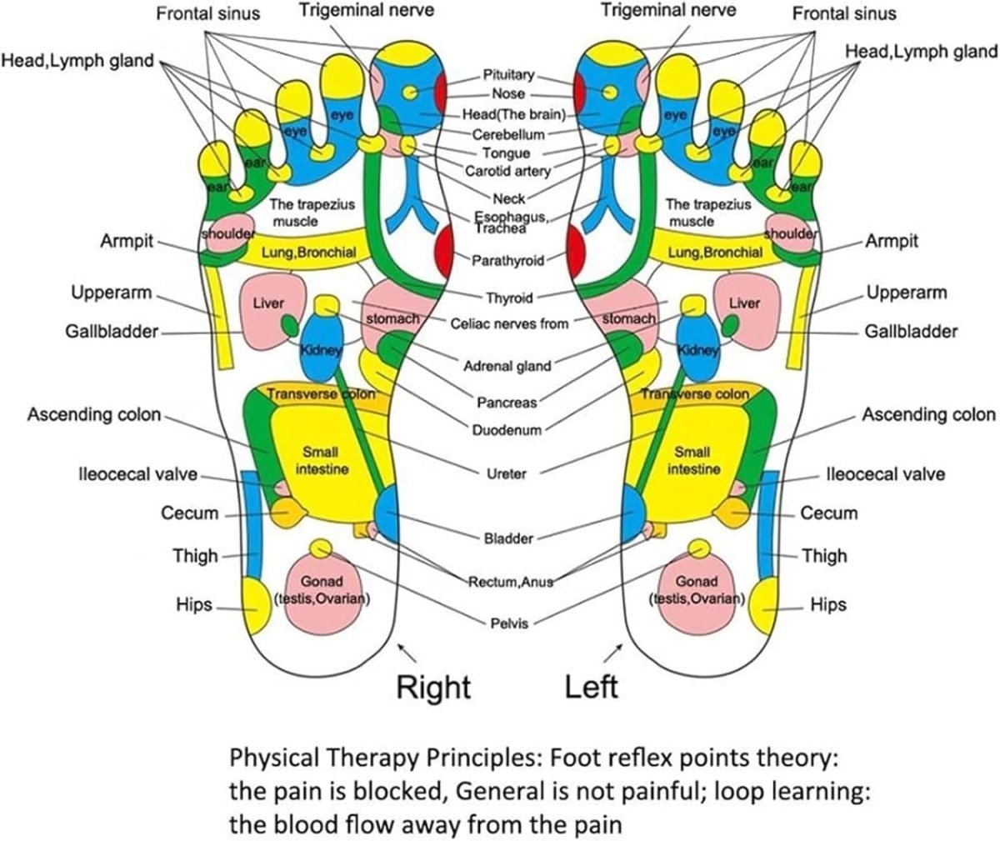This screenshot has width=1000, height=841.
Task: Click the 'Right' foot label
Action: (432, 687)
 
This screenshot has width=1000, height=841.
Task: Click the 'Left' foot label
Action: (591, 687)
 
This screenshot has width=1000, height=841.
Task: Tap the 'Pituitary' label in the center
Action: (508, 75)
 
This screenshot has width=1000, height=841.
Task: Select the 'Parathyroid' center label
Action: (507, 261)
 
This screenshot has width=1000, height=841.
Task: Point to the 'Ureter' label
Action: (507, 473)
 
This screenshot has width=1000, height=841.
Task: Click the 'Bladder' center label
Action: (508, 538)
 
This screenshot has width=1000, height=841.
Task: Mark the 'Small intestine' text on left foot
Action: (692, 460)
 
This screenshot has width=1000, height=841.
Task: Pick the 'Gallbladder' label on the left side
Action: (112, 332)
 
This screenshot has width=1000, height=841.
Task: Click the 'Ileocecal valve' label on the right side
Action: (885, 474)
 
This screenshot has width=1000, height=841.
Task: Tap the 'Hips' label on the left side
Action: (194, 604)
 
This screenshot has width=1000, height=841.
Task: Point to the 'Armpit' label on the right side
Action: (892, 241)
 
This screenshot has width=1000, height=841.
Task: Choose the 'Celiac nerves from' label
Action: (509, 323)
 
